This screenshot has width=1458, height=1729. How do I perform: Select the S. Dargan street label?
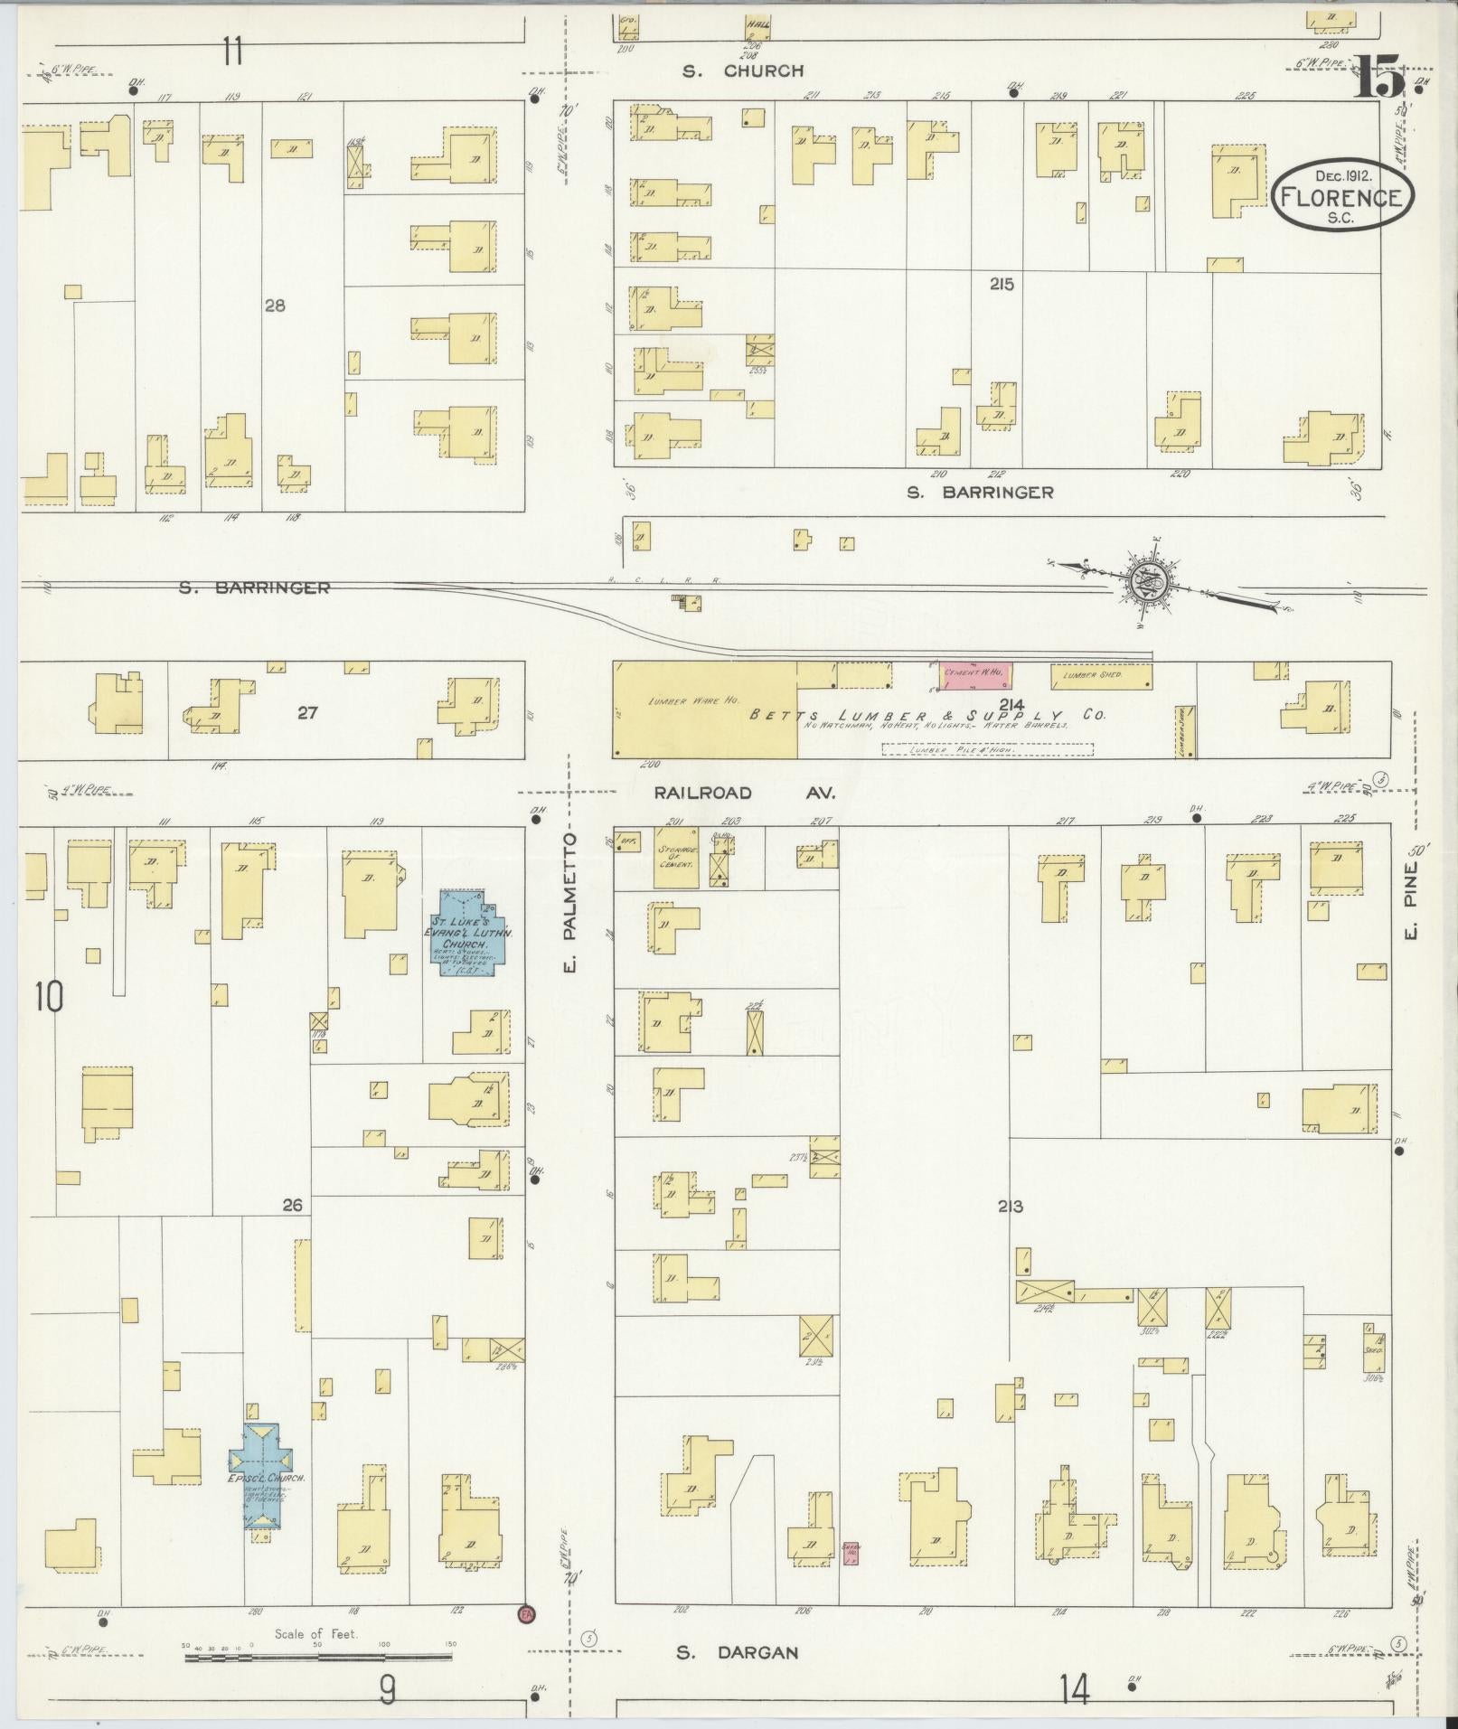(x=738, y=1652)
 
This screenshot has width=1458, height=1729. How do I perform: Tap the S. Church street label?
(x=744, y=70)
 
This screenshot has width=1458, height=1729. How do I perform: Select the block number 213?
(x=1010, y=1206)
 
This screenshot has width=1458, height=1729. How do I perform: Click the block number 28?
(x=275, y=305)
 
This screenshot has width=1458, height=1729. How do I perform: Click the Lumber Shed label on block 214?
(x=1086, y=674)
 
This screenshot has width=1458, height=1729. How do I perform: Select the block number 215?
(x=1001, y=284)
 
